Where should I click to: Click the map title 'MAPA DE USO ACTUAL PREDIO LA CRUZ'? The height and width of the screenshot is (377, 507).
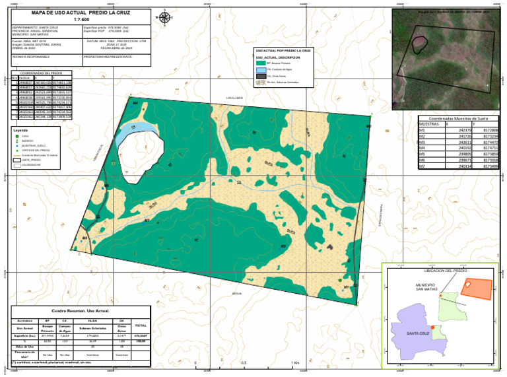click(x=79, y=13)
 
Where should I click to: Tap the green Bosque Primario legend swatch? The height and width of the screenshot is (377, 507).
click(x=261, y=63)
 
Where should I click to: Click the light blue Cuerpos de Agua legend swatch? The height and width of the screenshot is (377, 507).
click(x=261, y=69)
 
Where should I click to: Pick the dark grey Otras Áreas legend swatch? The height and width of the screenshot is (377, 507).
click(x=261, y=76)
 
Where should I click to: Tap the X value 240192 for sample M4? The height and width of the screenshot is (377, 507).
click(x=464, y=149)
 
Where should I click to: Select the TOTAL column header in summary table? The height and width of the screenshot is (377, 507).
click(x=140, y=325)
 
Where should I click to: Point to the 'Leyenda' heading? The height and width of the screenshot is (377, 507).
click(x=20, y=131)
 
